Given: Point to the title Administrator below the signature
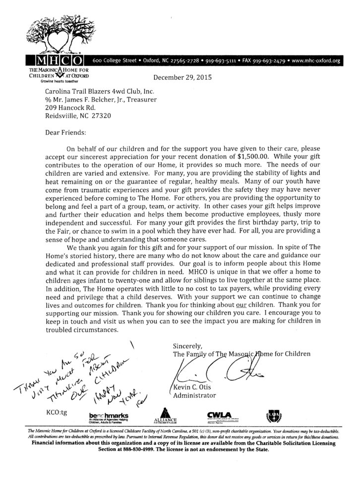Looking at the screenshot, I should click(194, 395).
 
